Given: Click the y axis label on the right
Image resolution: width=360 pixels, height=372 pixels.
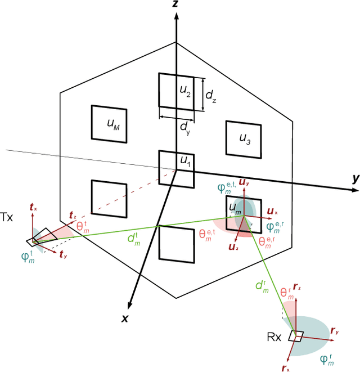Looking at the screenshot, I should [355, 178].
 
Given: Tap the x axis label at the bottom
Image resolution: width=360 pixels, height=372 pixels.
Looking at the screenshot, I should [125, 319].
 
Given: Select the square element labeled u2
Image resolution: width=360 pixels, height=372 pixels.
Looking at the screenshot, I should [176, 90].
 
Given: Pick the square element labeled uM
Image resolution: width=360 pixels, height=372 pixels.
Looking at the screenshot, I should [108, 122].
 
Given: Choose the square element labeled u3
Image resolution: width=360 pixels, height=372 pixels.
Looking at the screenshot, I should [242, 138].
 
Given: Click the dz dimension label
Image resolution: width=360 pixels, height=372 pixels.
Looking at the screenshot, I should [210, 96].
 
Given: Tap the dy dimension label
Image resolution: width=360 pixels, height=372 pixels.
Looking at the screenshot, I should [185, 127].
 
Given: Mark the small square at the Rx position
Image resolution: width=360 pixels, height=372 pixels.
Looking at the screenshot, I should [296, 337].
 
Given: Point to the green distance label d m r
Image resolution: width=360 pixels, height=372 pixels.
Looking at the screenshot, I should [262, 286].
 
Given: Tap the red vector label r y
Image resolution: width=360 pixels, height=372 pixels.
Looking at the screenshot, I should [335, 331].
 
